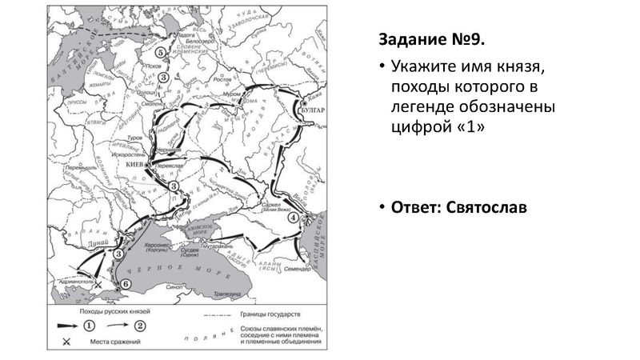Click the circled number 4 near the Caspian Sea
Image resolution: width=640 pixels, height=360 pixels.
[294, 217]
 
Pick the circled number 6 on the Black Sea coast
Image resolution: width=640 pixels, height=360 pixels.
[124, 284]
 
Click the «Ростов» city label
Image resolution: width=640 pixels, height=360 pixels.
[222, 80]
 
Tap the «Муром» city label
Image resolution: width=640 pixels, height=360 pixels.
[231, 94]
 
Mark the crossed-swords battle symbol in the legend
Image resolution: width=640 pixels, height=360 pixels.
[66, 343]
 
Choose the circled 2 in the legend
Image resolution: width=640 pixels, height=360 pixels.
[139, 325]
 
